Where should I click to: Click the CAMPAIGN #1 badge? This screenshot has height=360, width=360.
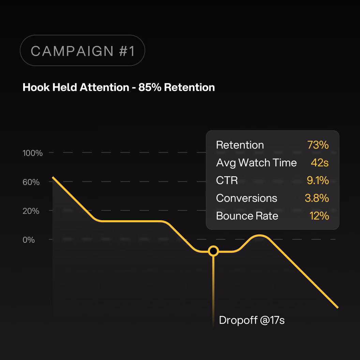[82, 51]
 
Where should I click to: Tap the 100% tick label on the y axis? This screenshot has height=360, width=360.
[33, 153]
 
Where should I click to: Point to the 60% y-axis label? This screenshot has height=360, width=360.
[31, 182]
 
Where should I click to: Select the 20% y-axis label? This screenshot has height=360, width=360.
[31, 211]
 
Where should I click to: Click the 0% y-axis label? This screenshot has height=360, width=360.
[29, 240]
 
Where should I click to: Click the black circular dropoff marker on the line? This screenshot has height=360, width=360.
[213, 251]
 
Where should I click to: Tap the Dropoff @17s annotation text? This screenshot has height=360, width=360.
[252, 320]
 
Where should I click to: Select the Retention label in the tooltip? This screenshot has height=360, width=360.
[240, 145]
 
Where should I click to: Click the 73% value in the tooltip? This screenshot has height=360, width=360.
[318, 145]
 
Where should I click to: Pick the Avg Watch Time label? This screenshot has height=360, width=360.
[256, 163]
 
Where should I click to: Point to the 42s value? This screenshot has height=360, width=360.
[319, 163]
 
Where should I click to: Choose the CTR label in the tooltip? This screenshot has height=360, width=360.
[227, 180]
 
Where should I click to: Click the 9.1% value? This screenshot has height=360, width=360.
[318, 180]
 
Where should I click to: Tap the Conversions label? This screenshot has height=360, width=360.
[246, 198]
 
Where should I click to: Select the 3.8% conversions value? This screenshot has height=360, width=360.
[317, 198]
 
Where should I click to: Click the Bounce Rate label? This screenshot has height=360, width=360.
[247, 216]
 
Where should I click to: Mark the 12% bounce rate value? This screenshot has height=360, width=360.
[319, 216]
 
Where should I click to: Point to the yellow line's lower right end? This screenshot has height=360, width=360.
[337, 307]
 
